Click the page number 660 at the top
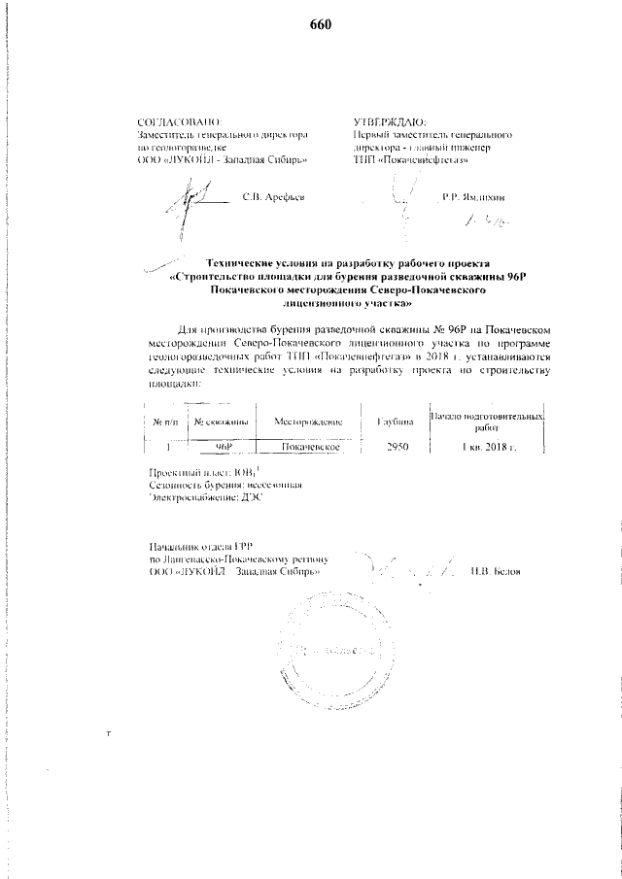(321, 24)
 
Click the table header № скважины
(222, 423)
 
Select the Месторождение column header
(310, 423)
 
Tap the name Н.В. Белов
(495, 570)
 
